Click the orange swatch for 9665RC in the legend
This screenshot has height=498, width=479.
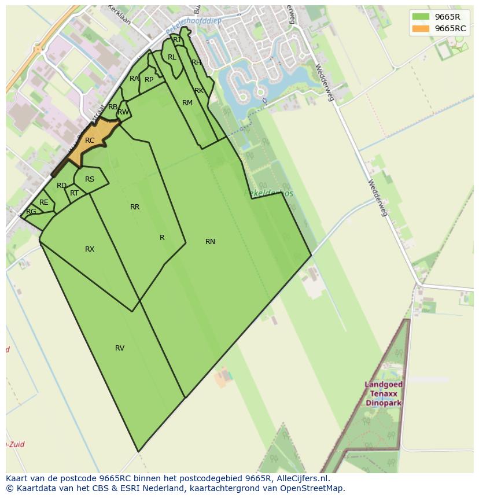click(x=421, y=28)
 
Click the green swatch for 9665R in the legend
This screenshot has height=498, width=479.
click(x=421, y=17)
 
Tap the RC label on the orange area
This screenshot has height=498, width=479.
click(x=90, y=141)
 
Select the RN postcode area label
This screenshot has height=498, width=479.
click(x=210, y=242)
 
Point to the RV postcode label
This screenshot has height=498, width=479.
click(x=120, y=348)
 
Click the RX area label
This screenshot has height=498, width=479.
click(x=90, y=249)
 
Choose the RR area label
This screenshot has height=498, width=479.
click(x=135, y=207)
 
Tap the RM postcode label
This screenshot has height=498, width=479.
click(x=187, y=103)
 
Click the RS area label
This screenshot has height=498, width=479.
click(x=90, y=179)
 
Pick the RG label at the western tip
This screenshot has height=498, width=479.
click(x=31, y=212)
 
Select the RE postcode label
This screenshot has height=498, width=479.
click(x=44, y=202)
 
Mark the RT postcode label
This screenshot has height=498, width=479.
click(x=74, y=193)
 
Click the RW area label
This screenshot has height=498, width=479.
click(x=123, y=112)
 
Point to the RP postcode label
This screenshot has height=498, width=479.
click(x=149, y=80)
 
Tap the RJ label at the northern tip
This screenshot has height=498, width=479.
click(x=176, y=40)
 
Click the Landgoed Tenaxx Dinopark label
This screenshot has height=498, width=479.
click(x=384, y=393)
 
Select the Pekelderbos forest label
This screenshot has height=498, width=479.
click(x=269, y=193)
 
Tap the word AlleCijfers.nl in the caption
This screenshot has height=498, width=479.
click(x=303, y=478)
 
